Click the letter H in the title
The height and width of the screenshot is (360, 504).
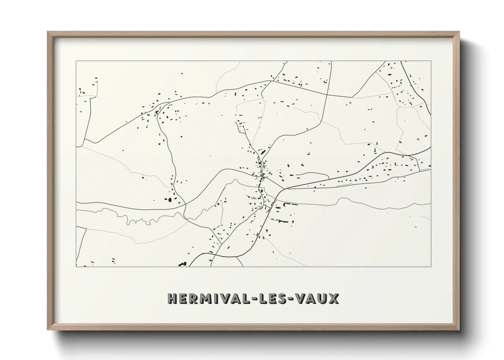click(x=172, y=298)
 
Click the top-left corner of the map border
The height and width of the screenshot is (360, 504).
click(x=76, y=61)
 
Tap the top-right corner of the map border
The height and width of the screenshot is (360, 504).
click(x=431, y=61)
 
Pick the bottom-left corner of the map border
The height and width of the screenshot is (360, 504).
click(x=76, y=266)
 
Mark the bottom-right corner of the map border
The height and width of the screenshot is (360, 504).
click(x=431, y=266)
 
